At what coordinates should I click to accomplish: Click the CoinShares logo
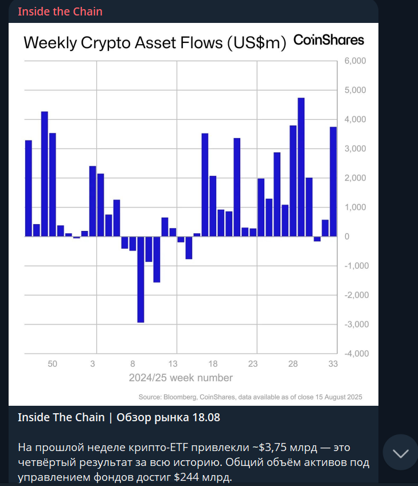[329, 40]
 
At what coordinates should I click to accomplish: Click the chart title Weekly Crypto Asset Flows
[154, 42]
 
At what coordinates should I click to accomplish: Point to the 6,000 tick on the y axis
[356, 61]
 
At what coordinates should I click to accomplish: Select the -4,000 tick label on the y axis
[354, 354]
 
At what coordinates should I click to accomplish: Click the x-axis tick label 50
[52, 364]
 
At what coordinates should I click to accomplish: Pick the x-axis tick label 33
[333, 364]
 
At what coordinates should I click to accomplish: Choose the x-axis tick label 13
[173, 364]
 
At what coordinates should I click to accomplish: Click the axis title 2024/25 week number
[181, 378]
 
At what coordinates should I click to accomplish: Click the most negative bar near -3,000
[140, 279]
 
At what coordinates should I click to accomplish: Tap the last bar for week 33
[333, 181]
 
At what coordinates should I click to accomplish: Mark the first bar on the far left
[28, 188]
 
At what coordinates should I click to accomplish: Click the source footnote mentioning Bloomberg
[250, 397]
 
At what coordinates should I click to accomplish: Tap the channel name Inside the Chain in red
[60, 11]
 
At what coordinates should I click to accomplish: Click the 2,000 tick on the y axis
[356, 178]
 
